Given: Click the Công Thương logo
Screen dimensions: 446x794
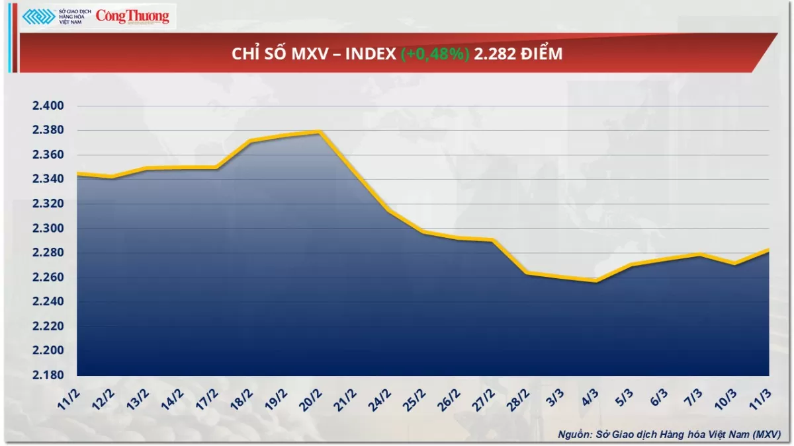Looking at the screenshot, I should click(x=132, y=17).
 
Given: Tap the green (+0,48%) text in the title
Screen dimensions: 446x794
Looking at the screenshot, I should click(x=435, y=54).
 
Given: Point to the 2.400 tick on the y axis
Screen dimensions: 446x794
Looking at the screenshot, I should click(x=47, y=106).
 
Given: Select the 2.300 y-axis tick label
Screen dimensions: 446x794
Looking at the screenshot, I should click(x=47, y=229).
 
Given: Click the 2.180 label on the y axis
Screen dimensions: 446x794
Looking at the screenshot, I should click(x=47, y=375).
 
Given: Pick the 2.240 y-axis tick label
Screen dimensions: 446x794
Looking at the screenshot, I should click(x=47, y=302).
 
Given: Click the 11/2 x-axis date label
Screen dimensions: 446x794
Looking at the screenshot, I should click(x=69, y=398).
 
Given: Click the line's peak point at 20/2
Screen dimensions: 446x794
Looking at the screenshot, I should click(x=320, y=131).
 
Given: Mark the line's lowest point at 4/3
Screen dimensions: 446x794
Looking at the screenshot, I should click(x=596, y=281).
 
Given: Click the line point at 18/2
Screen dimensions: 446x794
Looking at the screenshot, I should click(x=250, y=141).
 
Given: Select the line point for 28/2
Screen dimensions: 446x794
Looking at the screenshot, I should click(x=527, y=272).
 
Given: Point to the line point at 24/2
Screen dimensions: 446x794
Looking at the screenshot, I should click(x=388, y=211).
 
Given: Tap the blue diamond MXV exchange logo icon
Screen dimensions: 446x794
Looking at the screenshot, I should click(x=38, y=17).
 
